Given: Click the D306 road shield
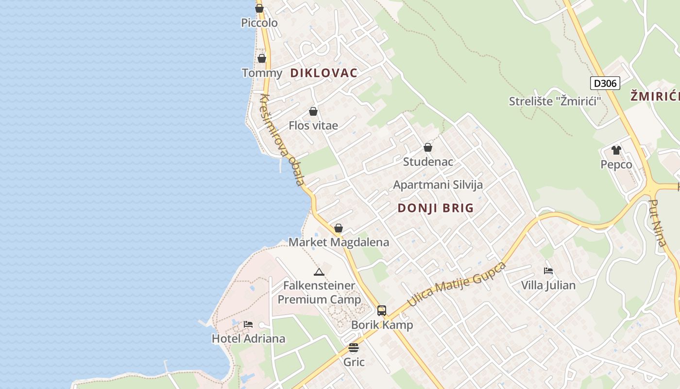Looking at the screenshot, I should click(605, 83).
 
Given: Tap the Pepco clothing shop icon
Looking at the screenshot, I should click(616, 150).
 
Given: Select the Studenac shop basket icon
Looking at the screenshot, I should click(428, 147).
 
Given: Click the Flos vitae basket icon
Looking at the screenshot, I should click(313, 111).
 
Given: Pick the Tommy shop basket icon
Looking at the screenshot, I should click(262, 58).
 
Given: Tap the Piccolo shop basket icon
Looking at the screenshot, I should click(259, 8).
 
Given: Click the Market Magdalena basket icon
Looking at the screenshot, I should click(339, 228).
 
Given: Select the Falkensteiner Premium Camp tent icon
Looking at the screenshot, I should click(319, 272).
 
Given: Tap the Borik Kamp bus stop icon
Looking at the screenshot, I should click(382, 310).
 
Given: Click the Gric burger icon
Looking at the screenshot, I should click(354, 348).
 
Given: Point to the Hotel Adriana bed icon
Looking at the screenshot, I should click(248, 324).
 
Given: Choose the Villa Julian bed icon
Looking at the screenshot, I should click(548, 271).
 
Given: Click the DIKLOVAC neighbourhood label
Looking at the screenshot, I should click(323, 73).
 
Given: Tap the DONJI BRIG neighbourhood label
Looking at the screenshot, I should click(436, 208).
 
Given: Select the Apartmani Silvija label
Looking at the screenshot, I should click(438, 185).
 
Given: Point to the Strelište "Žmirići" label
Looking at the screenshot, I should click(555, 101).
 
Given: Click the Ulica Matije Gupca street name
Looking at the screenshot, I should click(456, 284).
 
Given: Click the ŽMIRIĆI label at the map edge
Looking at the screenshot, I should click(655, 96).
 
